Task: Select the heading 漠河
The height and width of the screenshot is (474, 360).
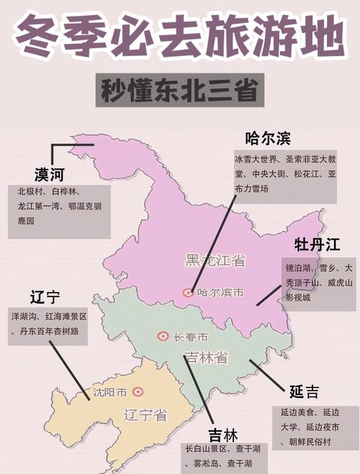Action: (x=53, y=175)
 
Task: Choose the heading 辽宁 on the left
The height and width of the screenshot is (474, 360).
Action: (x=45, y=297)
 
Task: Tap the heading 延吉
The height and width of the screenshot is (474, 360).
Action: (x=304, y=392)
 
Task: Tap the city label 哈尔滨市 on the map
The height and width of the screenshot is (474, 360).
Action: (x=220, y=293)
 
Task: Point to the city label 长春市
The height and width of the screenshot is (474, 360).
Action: (x=191, y=337)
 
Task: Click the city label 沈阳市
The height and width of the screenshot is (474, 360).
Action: (x=110, y=393)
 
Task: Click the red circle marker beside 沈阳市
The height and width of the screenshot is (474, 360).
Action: (x=138, y=393)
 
